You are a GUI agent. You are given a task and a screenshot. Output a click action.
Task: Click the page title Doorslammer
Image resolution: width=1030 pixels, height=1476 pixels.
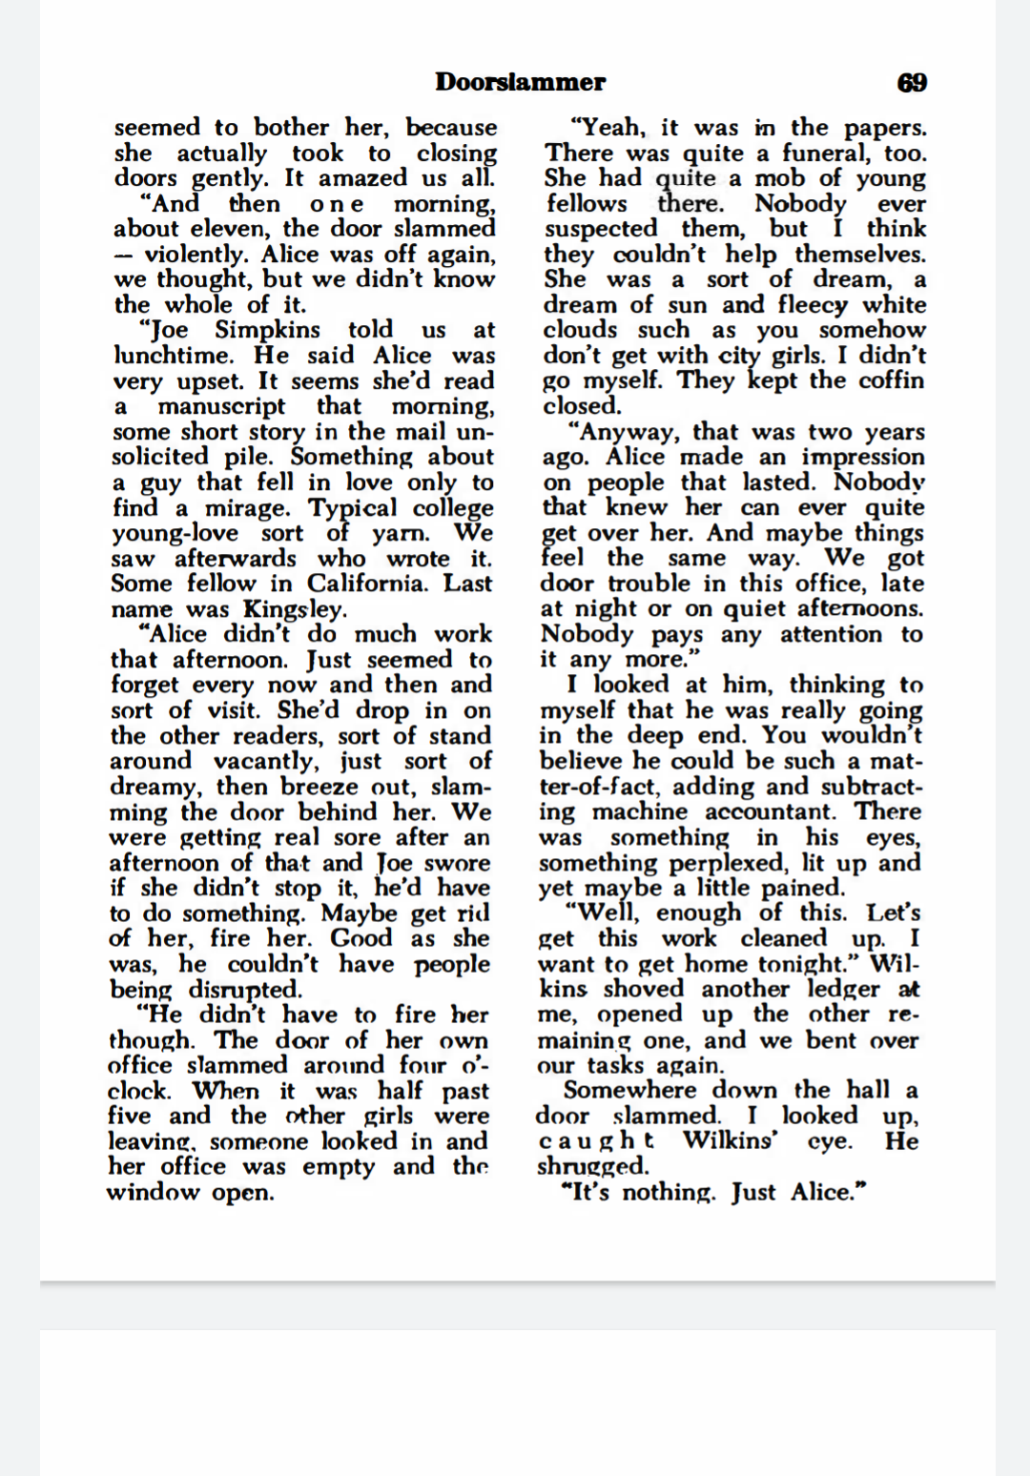520,82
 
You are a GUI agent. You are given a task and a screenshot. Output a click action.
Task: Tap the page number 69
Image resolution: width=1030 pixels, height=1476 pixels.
912,82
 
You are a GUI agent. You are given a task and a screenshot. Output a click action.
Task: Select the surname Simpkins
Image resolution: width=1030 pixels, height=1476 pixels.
268,330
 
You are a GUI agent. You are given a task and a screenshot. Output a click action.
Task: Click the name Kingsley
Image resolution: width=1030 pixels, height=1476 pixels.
295,609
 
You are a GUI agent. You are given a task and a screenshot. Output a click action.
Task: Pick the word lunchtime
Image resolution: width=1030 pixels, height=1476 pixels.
173,356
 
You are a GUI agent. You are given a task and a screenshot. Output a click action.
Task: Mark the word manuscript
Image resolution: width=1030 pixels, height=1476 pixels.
221,406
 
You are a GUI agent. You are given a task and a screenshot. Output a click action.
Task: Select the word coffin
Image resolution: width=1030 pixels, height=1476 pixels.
886,380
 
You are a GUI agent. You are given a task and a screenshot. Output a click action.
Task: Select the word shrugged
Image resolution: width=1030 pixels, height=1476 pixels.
592,1166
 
